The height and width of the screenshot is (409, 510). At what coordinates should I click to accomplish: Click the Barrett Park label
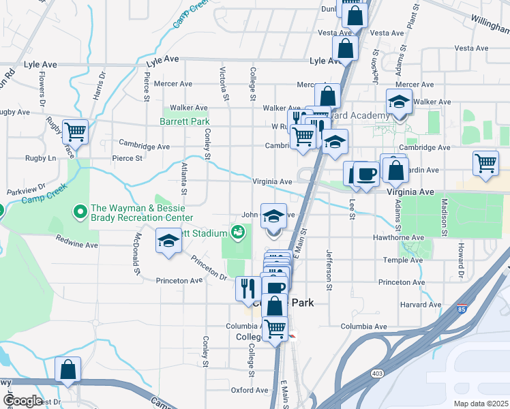click(x=184, y=121)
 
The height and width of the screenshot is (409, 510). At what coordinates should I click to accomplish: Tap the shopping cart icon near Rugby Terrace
click(x=75, y=132)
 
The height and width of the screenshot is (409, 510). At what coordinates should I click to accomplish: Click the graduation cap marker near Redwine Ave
click(x=168, y=241)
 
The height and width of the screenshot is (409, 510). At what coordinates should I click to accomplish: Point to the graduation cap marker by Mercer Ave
click(x=399, y=102)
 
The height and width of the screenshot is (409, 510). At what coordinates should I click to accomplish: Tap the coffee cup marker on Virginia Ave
click(x=366, y=175)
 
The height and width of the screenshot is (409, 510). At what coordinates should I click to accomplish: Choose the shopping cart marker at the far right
click(x=485, y=163)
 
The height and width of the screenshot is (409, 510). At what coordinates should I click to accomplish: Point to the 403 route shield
click(x=377, y=374)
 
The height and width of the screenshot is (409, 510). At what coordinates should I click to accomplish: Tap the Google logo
click(x=22, y=401)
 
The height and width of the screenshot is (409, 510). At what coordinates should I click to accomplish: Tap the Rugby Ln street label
click(x=41, y=158)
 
